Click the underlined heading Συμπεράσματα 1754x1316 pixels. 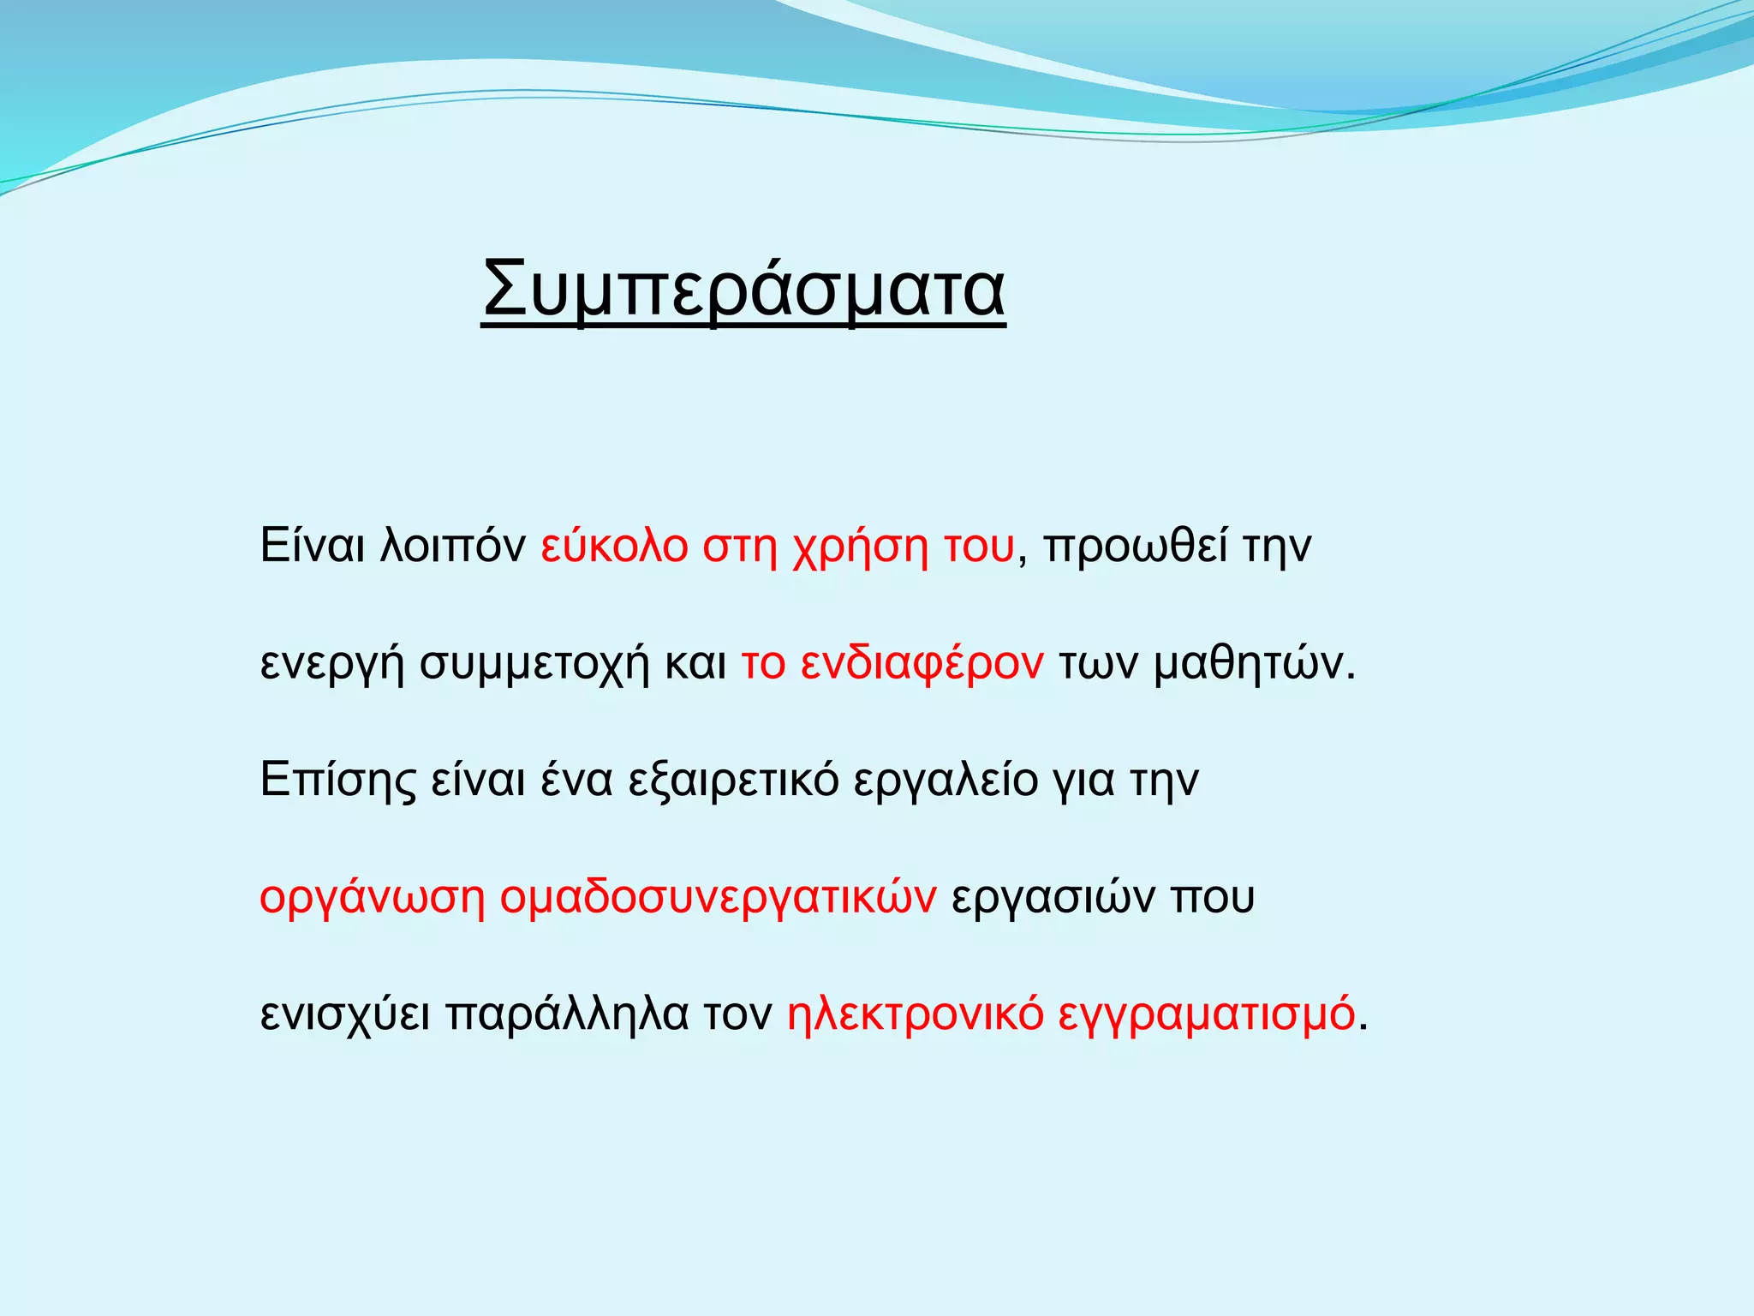tap(743, 290)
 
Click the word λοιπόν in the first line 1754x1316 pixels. tap(452, 546)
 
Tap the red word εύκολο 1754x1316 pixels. tap(614, 546)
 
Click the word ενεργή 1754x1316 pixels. tap(332, 665)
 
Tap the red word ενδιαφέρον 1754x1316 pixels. tap(922, 663)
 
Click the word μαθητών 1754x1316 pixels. tap(1254, 663)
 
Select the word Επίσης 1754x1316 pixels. tap(337, 781)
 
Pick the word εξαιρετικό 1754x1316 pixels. tap(733, 781)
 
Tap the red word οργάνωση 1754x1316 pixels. tap(372, 898)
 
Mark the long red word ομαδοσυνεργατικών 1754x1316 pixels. tap(718, 898)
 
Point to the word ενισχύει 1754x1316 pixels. tap(345, 1014)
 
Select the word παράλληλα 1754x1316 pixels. tap(567, 1014)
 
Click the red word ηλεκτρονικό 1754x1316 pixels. tap(915, 1014)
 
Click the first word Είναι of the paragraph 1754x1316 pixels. tap(313, 546)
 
